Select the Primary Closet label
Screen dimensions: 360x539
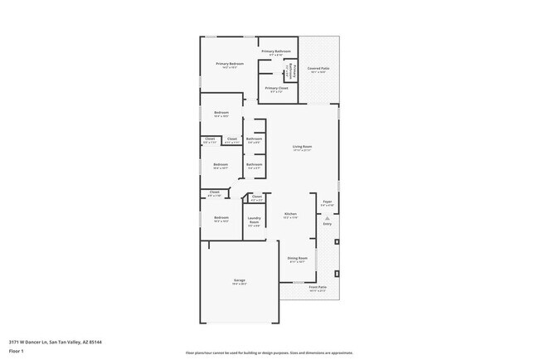pos(277,87)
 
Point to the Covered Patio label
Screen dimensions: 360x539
pos(318,69)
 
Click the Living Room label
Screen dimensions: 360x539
pos(301,147)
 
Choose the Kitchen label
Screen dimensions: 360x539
pos(290,213)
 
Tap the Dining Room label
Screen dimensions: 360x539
pos(297,258)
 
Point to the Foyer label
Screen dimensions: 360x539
pos(327,202)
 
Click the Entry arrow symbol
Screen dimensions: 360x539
pos(327,217)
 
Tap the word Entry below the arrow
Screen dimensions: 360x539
pos(327,224)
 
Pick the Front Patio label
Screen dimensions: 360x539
pos(318,287)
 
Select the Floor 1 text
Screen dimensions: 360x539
pos(17,351)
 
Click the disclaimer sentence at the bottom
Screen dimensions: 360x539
pos(269,352)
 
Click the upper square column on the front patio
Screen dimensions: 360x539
pos(337,242)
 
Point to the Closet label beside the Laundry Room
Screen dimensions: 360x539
pos(256,197)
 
